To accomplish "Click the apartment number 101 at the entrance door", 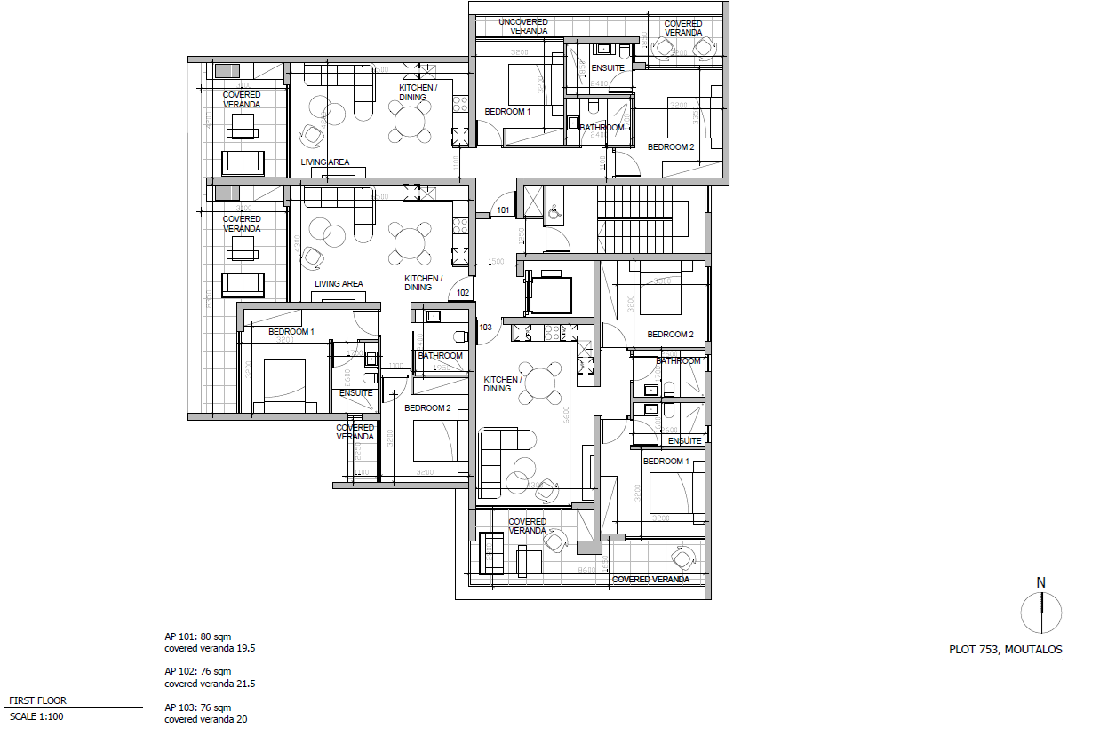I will (503, 210).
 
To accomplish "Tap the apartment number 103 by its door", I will (485, 327).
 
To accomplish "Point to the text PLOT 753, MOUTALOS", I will (1005, 650).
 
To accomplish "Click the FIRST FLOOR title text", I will (37, 700).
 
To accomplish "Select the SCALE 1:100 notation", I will (36, 716).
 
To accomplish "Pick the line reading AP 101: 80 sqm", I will (197, 636).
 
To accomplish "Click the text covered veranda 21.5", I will (210, 684).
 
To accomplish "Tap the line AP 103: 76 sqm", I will (197, 707).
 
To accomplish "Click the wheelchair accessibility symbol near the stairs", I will (553, 213).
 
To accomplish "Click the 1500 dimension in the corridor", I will (495, 262).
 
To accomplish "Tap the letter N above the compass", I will (1040, 582).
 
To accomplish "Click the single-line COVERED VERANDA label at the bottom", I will (650, 579).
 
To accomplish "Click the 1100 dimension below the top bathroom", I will (602, 162).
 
